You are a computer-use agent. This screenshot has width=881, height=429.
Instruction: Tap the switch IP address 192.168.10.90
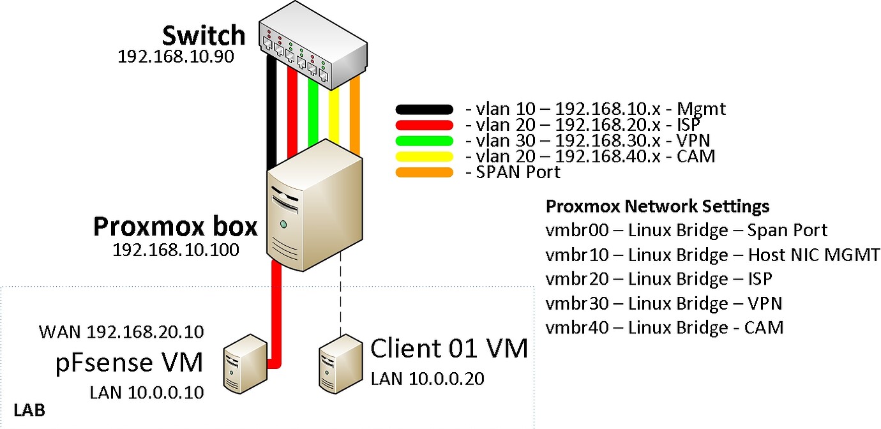click(176, 56)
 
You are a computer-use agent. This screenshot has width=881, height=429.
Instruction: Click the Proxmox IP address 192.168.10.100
click(176, 250)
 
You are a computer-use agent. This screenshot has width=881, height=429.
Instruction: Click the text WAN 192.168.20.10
click(121, 332)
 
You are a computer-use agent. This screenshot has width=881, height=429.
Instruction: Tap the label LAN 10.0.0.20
click(427, 379)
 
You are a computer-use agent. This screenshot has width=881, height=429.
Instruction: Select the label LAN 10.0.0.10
click(147, 391)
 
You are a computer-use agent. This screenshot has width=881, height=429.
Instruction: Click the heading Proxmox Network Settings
click(658, 207)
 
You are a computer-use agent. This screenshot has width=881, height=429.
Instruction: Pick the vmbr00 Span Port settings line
click(686, 230)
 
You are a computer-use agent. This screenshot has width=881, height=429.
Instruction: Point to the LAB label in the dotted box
click(29, 410)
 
